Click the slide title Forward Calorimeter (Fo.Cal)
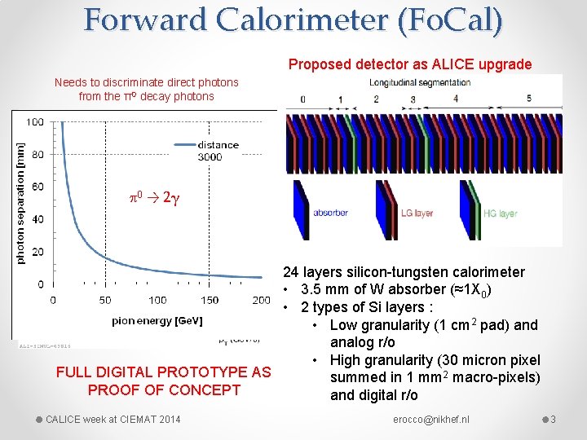293,20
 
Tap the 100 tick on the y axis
36,122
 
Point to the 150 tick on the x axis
210,300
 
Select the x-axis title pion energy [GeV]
157,321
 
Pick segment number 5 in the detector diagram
529,99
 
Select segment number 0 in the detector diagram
302,99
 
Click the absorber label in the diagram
330,213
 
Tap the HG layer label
500,213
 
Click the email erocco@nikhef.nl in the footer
430,420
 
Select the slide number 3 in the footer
553,420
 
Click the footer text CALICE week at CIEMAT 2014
113,420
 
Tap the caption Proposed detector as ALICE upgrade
409,64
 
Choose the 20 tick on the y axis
38,252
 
